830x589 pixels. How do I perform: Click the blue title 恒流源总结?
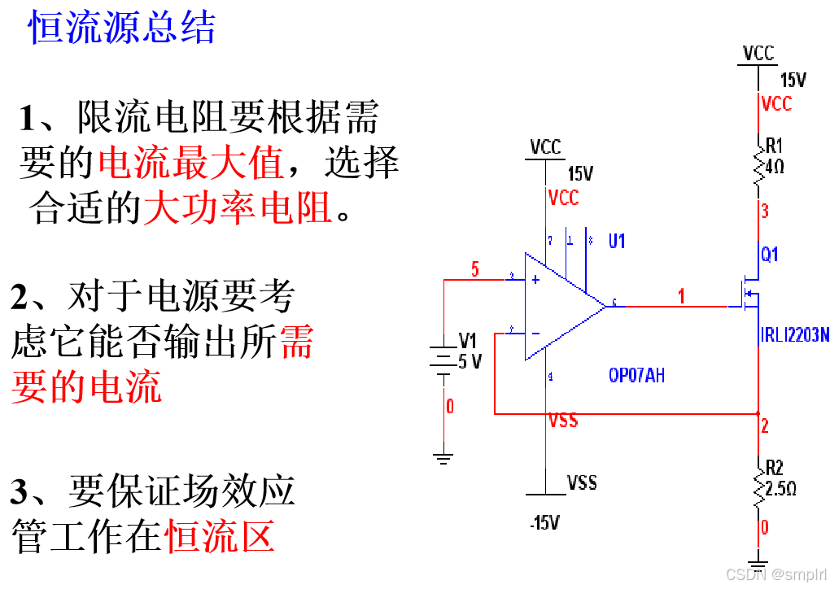pos(122,28)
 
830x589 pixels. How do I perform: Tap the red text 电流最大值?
pos(191,164)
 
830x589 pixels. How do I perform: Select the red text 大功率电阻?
pos(238,208)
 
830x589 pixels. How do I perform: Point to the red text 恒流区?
pos(220,537)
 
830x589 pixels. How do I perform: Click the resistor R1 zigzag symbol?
pos(758,168)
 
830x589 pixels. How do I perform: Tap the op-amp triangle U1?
pos(561,306)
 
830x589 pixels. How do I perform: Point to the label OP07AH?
pos(636,376)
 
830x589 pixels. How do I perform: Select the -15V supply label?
pos(544,523)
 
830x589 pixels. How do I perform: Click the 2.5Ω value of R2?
pos(780,489)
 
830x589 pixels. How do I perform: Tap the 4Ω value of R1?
pos(775,167)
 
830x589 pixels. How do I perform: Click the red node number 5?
pos(475,270)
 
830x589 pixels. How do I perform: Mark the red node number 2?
pos(765,425)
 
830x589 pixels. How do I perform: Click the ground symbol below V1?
pos(443,459)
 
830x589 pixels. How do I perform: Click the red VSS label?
pos(563,421)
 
